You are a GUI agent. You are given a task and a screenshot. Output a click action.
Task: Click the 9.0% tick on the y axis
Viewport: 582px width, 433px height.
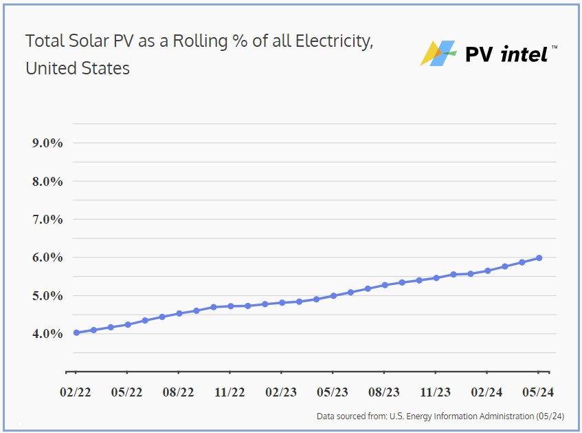click(x=47, y=143)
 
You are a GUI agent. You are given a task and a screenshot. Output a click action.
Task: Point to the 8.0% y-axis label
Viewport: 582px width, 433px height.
click(x=47, y=182)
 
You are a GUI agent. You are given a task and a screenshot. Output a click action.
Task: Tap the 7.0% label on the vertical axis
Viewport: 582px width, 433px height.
click(x=47, y=220)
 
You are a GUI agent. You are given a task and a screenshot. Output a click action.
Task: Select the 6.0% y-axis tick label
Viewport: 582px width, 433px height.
click(x=47, y=257)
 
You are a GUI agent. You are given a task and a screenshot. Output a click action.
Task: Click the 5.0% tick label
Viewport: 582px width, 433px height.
click(x=47, y=296)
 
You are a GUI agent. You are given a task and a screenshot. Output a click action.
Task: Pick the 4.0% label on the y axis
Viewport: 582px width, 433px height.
click(x=47, y=334)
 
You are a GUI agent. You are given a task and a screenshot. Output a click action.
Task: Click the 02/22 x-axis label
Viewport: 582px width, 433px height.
click(x=76, y=392)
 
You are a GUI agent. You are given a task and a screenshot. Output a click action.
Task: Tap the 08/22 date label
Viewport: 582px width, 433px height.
click(x=179, y=392)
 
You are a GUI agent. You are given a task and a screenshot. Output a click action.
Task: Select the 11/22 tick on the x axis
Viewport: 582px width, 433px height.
click(x=230, y=392)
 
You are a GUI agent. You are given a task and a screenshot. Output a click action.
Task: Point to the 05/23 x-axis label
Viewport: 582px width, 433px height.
click(x=333, y=392)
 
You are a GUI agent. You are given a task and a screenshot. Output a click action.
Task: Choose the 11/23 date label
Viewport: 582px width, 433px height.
click(x=435, y=392)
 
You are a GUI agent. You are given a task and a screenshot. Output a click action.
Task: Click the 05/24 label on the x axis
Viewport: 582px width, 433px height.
click(x=538, y=392)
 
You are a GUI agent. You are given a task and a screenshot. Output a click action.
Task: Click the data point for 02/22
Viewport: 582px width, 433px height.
click(x=76, y=332)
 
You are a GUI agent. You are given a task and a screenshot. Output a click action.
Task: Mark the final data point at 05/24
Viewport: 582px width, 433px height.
click(x=539, y=257)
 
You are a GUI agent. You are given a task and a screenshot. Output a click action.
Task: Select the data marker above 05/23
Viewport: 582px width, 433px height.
click(x=333, y=296)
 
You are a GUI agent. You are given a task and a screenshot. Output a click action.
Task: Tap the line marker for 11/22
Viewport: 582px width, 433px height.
click(x=230, y=306)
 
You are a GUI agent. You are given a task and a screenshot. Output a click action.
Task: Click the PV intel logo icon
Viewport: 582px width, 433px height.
click(x=438, y=53)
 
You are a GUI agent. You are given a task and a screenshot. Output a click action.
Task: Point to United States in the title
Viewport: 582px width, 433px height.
click(x=78, y=69)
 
